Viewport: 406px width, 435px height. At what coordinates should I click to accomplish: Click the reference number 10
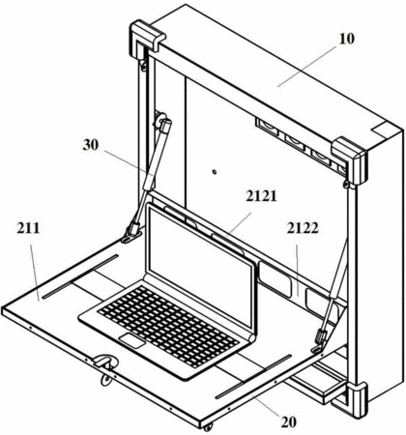pyautogui.click(x=346, y=39)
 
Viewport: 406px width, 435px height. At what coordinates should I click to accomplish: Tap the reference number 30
pyautogui.click(x=91, y=145)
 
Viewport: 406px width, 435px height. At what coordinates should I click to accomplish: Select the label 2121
pyautogui.click(x=261, y=196)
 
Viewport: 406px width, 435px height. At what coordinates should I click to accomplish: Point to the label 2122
pyautogui.click(x=303, y=228)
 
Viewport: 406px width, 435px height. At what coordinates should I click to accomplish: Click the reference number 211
pyautogui.click(x=28, y=228)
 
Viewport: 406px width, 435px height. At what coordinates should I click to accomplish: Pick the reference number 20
pyautogui.click(x=288, y=421)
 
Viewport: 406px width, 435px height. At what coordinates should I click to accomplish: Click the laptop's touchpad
pyautogui.click(x=132, y=341)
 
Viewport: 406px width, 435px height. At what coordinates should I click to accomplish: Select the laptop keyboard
pyautogui.click(x=167, y=326)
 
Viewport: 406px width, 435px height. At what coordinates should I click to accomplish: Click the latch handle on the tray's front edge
pyautogui.click(x=105, y=363)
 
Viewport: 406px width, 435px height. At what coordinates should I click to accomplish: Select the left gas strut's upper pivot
pyautogui.click(x=159, y=121)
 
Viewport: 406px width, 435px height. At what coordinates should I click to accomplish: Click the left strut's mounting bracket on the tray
pyautogui.click(x=131, y=234)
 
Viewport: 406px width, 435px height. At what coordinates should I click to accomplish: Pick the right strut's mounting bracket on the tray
pyautogui.click(x=319, y=342)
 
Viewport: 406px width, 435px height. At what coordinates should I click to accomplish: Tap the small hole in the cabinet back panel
pyautogui.click(x=214, y=171)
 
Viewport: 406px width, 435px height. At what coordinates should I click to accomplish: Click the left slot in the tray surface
pyautogui.click(x=80, y=276)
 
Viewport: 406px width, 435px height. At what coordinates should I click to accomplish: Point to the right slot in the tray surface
pyautogui.click(x=253, y=376)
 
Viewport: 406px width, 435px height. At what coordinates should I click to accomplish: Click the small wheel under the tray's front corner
pyautogui.click(x=208, y=427)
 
